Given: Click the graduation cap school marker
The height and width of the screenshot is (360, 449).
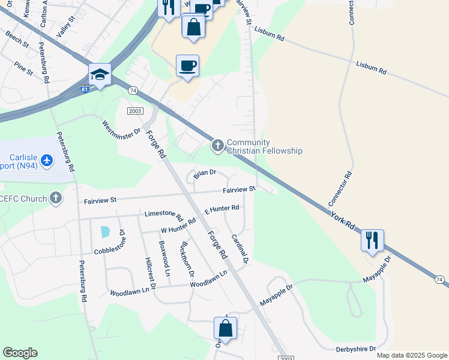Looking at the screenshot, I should [x=100, y=75].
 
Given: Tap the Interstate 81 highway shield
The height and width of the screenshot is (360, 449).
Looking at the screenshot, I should [x=85, y=89].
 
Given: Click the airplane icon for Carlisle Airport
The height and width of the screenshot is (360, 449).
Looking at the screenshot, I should [x=48, y=160].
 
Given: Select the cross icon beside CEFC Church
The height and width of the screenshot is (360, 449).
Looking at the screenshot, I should [x=56, y=197].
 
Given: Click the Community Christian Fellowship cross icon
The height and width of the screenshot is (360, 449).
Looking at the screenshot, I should [x=217, y=145].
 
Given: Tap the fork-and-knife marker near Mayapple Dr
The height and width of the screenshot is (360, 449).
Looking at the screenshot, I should [x=372, y=241].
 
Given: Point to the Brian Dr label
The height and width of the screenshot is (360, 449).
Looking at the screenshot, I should [x=204, y=173].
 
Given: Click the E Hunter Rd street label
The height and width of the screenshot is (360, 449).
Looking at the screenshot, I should [x=221, y=209].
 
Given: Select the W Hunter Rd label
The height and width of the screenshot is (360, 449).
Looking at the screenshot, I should [x=178, y=226].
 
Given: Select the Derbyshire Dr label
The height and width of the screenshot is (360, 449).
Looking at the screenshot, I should [x=355, y=349].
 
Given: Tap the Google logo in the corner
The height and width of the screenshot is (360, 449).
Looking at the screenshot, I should [x=20, y=353].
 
